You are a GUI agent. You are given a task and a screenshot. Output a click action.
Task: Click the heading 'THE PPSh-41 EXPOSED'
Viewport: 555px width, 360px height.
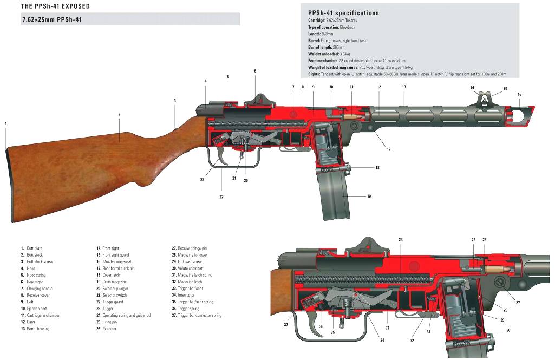pos(55,6)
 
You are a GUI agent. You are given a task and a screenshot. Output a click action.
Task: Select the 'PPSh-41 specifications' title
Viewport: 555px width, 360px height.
pos(343,13)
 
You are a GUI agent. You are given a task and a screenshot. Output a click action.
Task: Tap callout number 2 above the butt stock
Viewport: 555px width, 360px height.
pos(119,114)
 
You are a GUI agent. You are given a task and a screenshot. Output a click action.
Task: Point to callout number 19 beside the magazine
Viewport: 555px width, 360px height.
pos(369,197)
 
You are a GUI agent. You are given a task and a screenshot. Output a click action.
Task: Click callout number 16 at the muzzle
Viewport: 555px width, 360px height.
pos(519,94)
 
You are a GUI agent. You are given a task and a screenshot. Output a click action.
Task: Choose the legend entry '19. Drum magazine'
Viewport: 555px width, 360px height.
pos(114,282)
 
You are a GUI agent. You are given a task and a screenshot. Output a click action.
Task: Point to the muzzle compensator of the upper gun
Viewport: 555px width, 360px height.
pos(521,114)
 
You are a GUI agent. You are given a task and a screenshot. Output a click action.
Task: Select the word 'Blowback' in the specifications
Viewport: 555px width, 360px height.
pos(348,27)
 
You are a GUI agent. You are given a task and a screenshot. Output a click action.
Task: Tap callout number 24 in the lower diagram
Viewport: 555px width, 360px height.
pos(401,239)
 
